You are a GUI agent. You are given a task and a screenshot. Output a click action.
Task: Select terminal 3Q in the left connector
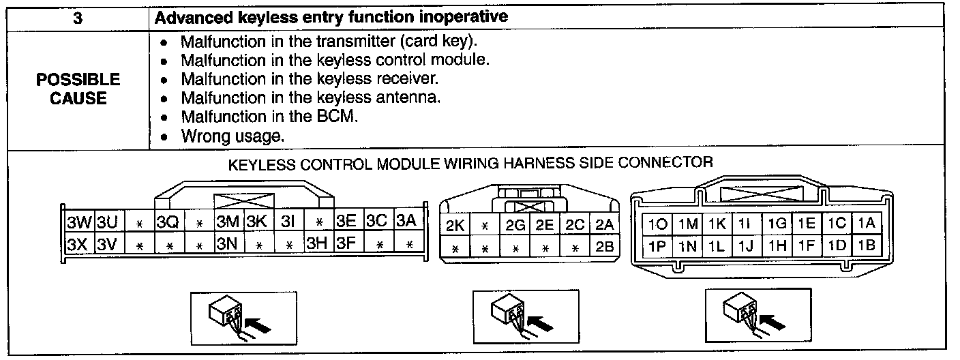click(167, 223)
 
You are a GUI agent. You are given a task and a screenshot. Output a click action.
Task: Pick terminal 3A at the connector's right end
click(406, 222)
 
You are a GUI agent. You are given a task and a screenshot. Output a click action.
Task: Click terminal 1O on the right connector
click(657, 224)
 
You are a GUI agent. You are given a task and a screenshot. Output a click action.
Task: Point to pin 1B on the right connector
click(867, 245)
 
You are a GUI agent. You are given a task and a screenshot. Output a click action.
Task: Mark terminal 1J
click(747, 245)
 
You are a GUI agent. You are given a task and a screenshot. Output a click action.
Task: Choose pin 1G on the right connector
click(777, 224)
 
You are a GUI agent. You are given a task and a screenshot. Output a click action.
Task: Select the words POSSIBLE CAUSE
click(78, 89)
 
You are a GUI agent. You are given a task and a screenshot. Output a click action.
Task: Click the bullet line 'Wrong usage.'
click(232, 136)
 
